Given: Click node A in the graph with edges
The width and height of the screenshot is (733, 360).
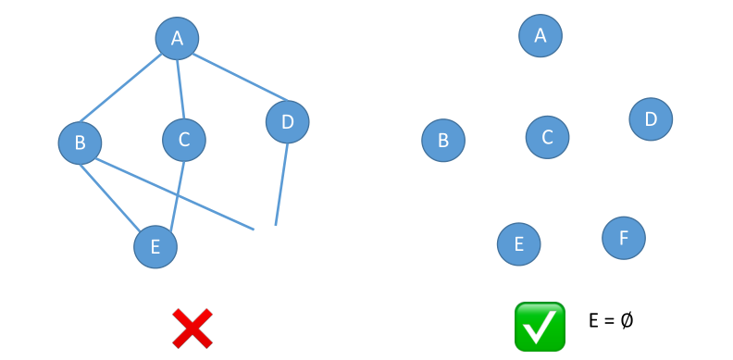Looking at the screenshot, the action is point(177,38).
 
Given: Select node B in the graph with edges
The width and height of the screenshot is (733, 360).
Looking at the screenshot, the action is point(80,143).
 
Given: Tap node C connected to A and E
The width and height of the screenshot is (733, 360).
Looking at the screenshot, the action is point(184,140).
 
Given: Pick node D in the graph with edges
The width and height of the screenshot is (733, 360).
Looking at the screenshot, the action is point(287,121).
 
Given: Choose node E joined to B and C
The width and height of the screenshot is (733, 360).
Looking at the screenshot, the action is point(155,246).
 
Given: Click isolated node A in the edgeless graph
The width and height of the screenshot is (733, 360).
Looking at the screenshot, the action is point(540,36).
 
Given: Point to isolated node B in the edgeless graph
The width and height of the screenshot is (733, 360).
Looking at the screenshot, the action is point(443,141).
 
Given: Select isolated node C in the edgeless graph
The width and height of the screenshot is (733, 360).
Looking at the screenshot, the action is point(547,138).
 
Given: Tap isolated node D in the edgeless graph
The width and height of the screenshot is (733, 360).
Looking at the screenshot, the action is point(651,119).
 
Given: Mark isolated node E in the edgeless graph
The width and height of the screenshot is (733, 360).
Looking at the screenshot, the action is point(519,244).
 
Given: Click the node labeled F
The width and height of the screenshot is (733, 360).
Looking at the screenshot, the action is point(624,238).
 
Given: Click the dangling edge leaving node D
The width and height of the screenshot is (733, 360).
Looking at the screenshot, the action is point(280,185).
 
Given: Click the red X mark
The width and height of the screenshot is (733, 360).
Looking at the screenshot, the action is point(193,329).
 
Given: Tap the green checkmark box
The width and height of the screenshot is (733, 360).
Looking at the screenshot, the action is point(540,327).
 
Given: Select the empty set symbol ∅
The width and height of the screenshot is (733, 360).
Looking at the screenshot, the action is point(627,320).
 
